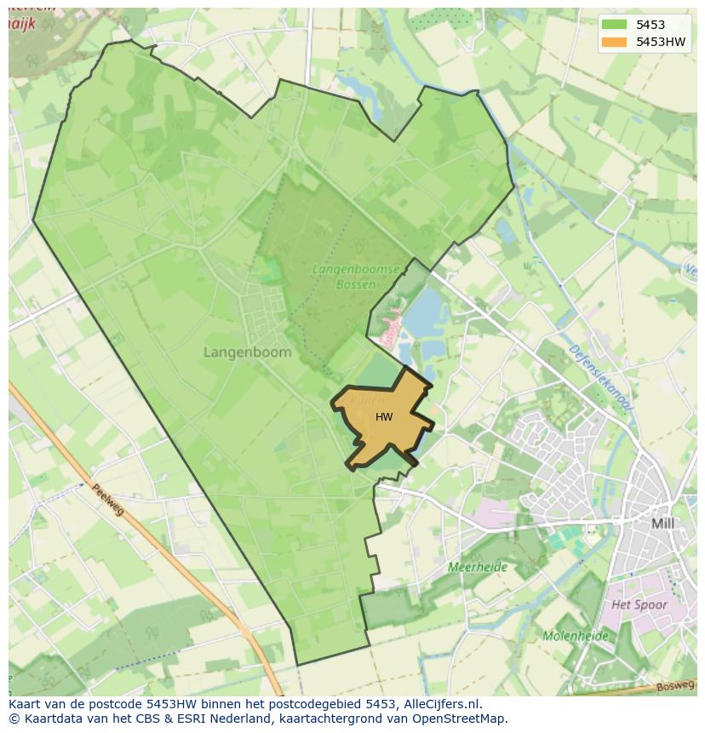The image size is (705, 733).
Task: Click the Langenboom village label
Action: tap(247, 352)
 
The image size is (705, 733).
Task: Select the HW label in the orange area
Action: tap(384, 417)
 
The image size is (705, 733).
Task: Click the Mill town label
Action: tap(662, 524)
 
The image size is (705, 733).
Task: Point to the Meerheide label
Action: tap(478, 567)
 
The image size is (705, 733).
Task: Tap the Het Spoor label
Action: tap(639, 604)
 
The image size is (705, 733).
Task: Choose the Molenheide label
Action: tap(576, 636)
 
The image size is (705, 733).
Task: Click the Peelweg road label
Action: tap(108, 501)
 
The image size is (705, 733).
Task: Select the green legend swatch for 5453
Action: tap(613, 26)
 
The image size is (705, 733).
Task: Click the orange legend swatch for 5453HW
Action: tap(613, 42)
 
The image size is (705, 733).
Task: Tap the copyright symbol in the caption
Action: tap(14, 719)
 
